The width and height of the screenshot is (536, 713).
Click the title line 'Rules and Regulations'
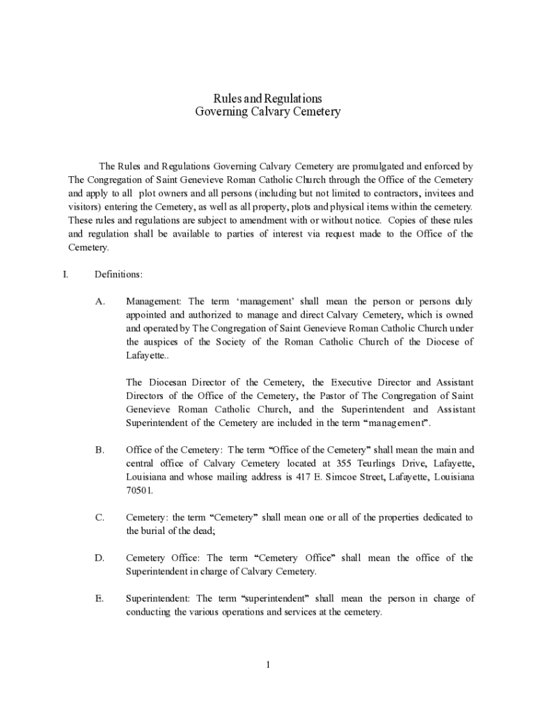coord(267,98)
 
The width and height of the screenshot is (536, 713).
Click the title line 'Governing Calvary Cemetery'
coord(267,111)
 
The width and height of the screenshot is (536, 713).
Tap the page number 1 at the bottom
coord(267,664)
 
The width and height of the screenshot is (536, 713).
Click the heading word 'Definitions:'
coord(118,274)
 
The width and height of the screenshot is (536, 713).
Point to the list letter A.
coord(100,301)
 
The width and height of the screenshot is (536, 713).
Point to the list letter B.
coord(100,450)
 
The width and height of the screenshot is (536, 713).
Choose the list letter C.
coord(100,517)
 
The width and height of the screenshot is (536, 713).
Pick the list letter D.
coord(100,558)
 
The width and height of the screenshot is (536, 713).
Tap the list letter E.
coord(100,598)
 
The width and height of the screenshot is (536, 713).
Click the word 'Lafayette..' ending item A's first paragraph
coord(147,355)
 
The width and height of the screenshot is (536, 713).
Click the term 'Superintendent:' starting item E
coord(159,598)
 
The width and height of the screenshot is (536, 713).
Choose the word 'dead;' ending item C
coord(202,531)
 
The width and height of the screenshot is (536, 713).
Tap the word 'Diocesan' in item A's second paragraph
coord(166,382)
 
